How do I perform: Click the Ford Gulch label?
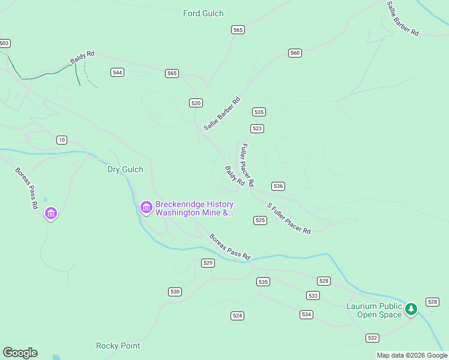(x=203, y=13)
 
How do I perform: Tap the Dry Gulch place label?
(x=125, y=170)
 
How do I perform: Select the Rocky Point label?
(x=118, y=346)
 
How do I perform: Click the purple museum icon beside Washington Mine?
(x=146, y=207)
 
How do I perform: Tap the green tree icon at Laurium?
(x=411, y=310)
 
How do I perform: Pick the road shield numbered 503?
(x=5, y=43)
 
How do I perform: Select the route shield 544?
(x=118, y=73)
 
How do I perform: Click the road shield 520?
(x=196, y=103)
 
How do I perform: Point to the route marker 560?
(x=295, y=53)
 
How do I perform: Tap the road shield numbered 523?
(x=258, y=129)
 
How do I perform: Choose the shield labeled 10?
(x=62, y=140)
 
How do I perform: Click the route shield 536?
(x=278, y=187)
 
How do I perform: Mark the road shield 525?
(x=260, y=221)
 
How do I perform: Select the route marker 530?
(x=175, y=292)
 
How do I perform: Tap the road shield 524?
(x=237, y=316)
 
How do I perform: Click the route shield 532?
(x=372, y=338)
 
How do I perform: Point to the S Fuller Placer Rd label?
(x=289, y=218)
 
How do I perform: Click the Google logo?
(x=20, y=353)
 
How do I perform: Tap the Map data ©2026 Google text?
(x=412, y=355)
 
